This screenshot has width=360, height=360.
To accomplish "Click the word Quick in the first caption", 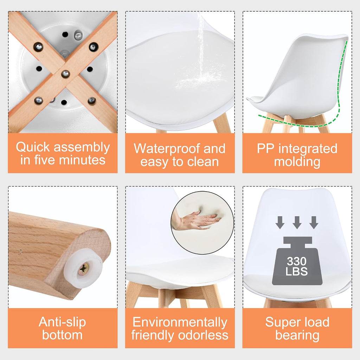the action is (33, 147).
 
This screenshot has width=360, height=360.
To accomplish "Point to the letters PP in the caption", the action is (265, 149).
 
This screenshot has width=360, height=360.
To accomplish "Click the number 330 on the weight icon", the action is (297, 261).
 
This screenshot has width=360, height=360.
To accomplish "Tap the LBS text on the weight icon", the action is (297, 271).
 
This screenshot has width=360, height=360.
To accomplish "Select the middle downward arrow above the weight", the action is (297, 223).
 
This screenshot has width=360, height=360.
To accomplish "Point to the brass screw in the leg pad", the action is (84, 269).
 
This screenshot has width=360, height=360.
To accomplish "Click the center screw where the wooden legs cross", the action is (66, 74).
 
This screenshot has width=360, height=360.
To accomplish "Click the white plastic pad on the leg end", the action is (83, 268).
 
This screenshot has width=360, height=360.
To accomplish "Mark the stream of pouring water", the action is (201, 44).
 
